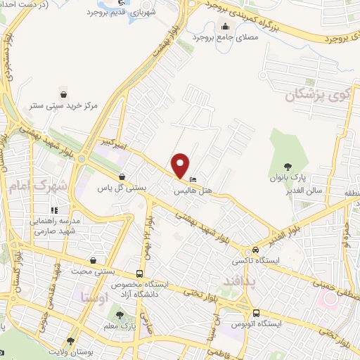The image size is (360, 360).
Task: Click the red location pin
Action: (x=181, y=165)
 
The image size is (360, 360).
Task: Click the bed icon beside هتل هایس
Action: (x=193, y=178)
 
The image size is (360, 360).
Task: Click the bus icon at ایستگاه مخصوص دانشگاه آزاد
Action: (x=140, y=273)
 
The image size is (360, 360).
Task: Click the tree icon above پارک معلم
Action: (x=120, y=314)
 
